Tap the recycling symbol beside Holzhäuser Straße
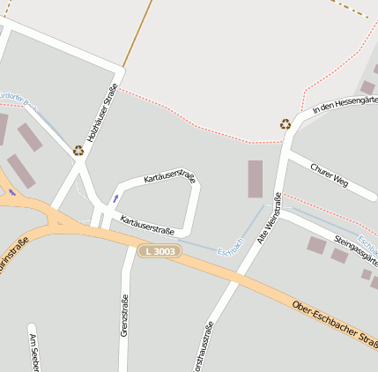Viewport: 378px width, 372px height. pos(78,151)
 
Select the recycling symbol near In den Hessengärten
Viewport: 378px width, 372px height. pos(285,124)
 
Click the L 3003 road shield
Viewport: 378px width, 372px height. pos(159,252)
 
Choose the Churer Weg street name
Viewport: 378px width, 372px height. pos(330,174)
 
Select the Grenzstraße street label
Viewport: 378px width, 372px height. pos(124,315)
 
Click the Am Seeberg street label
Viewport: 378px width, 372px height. pos(34,353)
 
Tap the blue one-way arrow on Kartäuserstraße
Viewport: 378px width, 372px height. pos(115,197)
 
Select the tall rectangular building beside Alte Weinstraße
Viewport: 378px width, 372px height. pos(255,178)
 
